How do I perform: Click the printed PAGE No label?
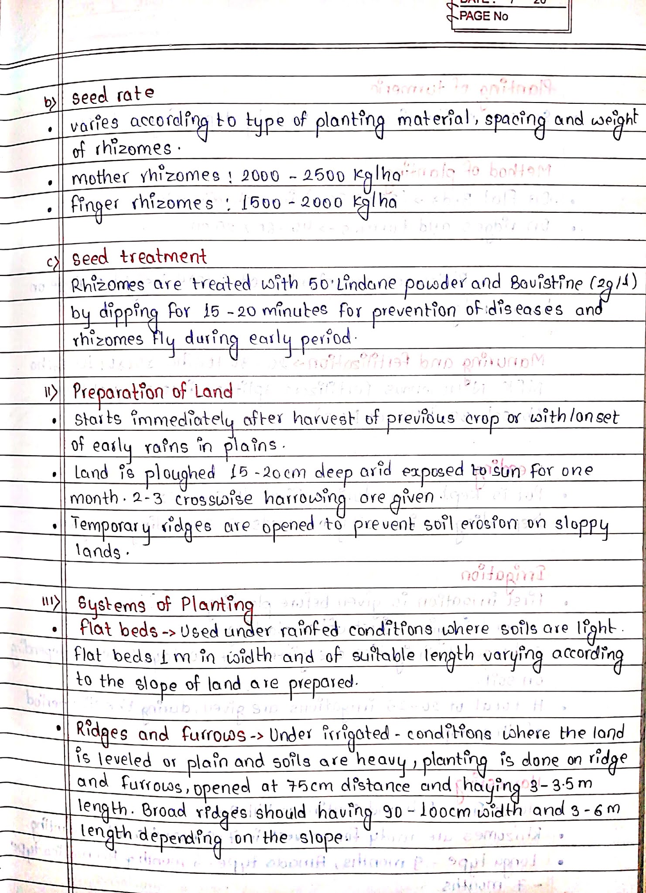coord(484,17)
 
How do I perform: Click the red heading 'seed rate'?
coord(113,95)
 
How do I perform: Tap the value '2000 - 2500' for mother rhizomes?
coord(293,175)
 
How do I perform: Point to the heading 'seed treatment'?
coord(139,257)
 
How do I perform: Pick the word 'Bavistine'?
coord(546,283)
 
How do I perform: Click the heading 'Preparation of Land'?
coord(152,392)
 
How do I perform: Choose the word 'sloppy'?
coord(581,525)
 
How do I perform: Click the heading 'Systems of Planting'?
coord(165,605)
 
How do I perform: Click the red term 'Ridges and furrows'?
coord(161,733)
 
